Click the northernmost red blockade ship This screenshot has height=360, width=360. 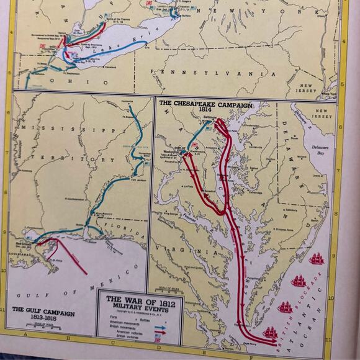pyautogui.click(x=318, y=258)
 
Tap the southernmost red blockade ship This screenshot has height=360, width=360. pyautogui.click(x=271, y=333)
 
